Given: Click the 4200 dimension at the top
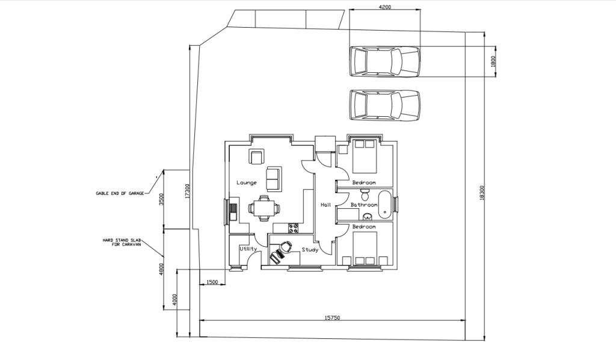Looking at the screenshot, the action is [x=384, y=7].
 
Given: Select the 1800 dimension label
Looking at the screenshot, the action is [x=493, y=61].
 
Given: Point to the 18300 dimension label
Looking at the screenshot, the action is [x=482, y=193].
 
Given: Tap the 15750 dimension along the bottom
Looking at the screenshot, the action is [x=332, y=317].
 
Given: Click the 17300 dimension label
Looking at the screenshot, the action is [x=187, y=191].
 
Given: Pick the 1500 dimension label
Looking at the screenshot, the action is [x=212, y=282].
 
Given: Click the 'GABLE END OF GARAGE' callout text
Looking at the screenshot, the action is [x=120, y=193].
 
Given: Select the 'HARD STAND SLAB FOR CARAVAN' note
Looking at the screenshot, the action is [x=122, y=241].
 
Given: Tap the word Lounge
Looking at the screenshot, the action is [x=246, y=182].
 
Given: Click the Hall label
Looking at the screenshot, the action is [x=325, y=205].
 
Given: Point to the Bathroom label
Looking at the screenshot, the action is [x=364, y=205].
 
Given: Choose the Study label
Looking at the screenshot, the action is [x=310, y=250].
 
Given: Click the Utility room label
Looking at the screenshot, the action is [x=248, y=249].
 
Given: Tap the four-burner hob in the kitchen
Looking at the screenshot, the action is [x=293, y=228].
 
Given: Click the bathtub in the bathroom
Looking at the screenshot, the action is [x=385, y=205].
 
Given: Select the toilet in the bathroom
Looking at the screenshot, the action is [x=365, y=194].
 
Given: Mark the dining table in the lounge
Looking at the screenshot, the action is [x=264, y=208].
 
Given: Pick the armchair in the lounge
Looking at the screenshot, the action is [x=256, y=157].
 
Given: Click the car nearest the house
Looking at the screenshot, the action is [x=384, y=105].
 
